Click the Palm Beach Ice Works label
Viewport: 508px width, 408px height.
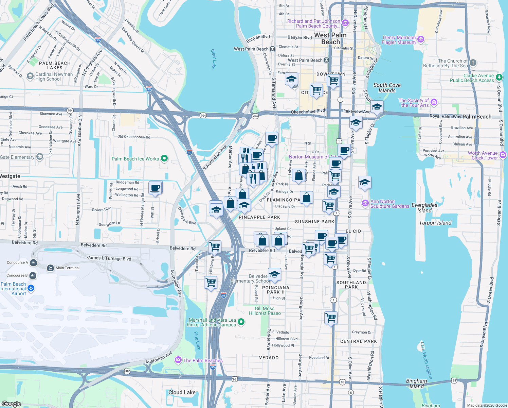(135, 159)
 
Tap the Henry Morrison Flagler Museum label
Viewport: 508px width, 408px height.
(399, 40)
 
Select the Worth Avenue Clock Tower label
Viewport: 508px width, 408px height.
(483, 155)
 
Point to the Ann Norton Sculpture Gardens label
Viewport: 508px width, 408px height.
(389, 204)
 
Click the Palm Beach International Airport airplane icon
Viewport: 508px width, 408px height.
(31, 288)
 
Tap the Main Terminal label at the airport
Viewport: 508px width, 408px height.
(67, 268)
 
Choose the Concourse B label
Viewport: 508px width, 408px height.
(16, 275)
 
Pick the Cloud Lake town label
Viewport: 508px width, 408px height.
(182, 392)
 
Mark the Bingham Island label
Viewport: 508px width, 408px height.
(416, 384)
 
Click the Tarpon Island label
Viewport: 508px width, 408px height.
(435, 223)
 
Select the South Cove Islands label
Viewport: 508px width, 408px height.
(387, 88)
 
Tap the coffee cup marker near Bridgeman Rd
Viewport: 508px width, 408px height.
(155, 188)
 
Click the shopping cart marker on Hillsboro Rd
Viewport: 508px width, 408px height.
(211, 282)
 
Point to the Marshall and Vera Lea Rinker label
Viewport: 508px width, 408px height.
(212, 322)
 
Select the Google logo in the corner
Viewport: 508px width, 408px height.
(11, 404)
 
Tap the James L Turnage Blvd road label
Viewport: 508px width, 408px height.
(109, 258)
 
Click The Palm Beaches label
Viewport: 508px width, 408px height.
(203, 360)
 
